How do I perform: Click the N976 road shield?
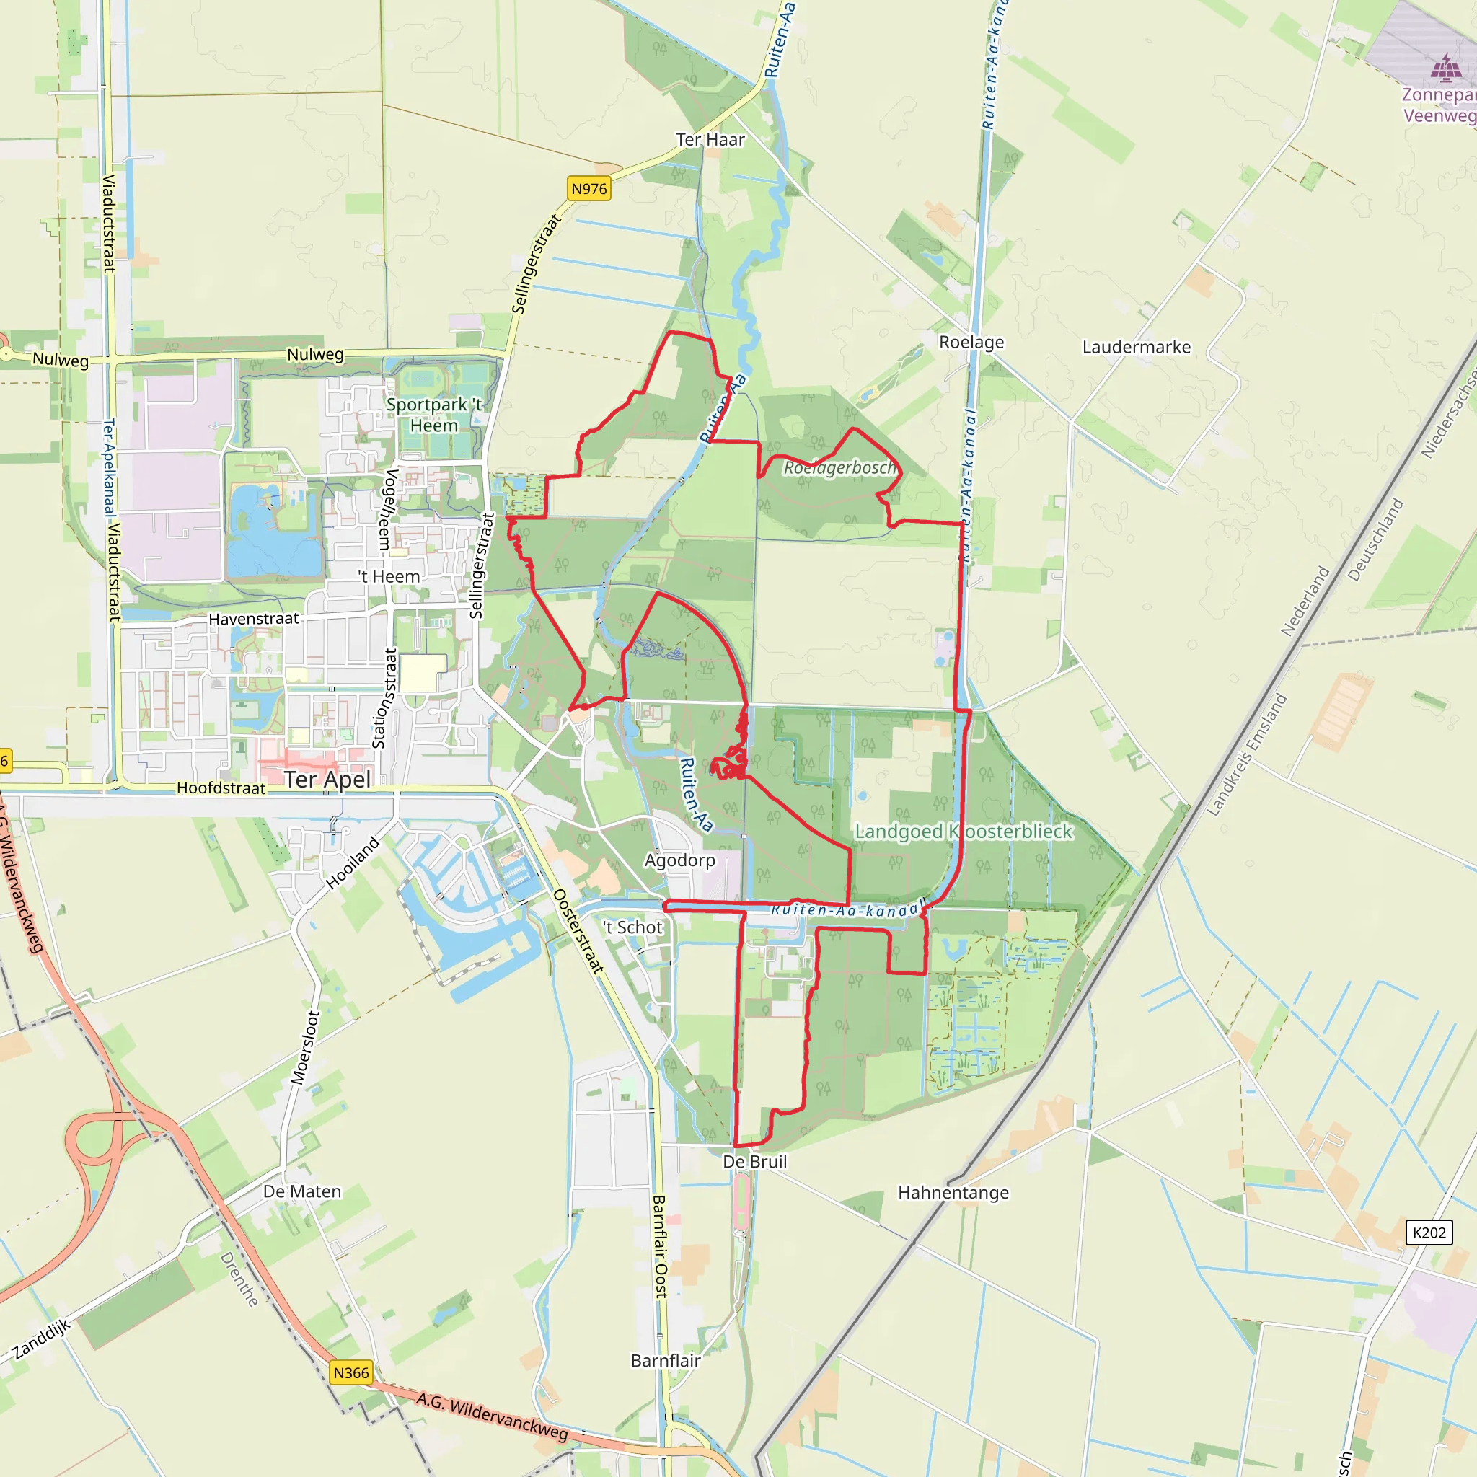click(588, 189)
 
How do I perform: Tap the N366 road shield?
click(351, 1373)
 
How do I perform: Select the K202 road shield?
click(1429, 1233)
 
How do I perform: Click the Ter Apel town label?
click(328, 779)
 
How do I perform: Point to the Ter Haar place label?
click(710, 140)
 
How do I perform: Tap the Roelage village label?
click(971, 342)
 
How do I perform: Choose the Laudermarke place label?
click(1136, 347)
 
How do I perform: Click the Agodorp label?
click(679, 860)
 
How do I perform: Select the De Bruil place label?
click(754, 1161)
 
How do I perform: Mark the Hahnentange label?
click(953, 1193)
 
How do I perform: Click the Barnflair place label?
click(665, 1360)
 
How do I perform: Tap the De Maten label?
click(302, 1191)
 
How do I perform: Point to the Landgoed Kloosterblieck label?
click(964, 831)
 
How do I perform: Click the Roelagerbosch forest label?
click(839, 467)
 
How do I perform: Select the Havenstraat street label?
click(254, 619)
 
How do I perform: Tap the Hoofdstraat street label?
click(221, 788)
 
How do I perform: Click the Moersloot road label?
click(305, 1047)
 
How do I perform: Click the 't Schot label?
click(633, 927)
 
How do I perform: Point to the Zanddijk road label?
click(41, 1339)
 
